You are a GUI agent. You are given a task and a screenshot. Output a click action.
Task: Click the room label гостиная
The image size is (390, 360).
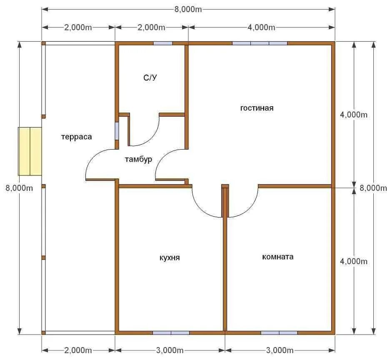[x=257, y=108]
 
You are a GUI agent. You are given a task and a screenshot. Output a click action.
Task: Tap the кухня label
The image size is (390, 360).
[x=170, y=257]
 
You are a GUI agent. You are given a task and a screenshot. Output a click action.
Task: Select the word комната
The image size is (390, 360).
[x=278, y=257]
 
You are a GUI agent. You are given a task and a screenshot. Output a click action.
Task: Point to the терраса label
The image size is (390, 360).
[x=77, y=137]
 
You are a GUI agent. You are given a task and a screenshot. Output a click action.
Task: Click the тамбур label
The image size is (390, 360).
[x=138, y=159]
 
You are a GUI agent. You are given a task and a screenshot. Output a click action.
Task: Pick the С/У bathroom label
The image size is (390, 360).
[x=150, y=77]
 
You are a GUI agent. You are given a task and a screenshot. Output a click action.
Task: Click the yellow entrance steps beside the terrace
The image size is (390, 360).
[x=30, y=151]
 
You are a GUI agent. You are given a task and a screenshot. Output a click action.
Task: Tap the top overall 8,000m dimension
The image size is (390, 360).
[x=188, y=10]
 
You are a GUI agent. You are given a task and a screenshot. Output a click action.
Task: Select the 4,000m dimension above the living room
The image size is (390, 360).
[x=261, y=27]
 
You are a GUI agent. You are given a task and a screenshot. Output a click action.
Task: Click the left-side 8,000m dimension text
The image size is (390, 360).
[x=19, y=188]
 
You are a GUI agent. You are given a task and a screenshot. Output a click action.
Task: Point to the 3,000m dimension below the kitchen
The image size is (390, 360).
[x=170, y=350]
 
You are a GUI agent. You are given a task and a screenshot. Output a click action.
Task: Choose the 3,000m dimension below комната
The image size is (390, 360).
[x=280, y=350]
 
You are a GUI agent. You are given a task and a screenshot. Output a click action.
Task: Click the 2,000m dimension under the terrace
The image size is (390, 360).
[x=78, y=350]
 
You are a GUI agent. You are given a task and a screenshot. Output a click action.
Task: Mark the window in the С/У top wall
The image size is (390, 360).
[x=163, y=43]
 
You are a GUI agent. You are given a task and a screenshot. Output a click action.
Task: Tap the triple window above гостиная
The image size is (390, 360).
[x=260, y=43]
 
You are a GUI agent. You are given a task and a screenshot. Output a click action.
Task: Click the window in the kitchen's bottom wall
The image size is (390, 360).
[x=171, y=333]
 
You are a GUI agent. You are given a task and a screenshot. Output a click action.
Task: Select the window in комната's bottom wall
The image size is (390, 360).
[x=279, y=333]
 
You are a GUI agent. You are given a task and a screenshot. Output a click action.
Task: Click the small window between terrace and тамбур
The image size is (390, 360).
[x=117, y=131]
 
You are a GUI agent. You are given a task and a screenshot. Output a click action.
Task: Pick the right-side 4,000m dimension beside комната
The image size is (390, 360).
[x=354, y=262]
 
